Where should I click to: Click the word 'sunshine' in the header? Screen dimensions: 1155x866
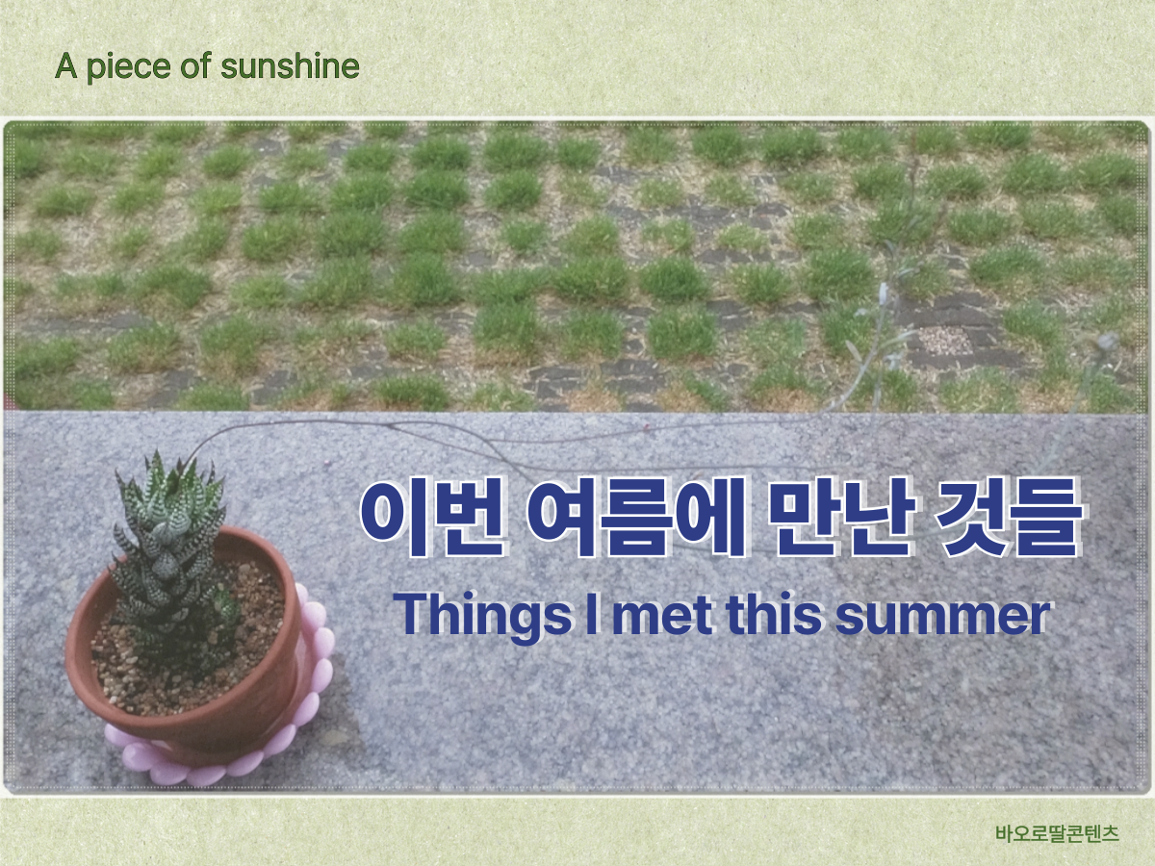(x=290, y=66)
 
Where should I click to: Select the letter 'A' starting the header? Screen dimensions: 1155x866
(x=65, y=66)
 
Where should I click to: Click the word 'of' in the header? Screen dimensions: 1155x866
(x=195, y=65)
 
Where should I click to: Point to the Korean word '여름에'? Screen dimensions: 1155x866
(x=636, y=517)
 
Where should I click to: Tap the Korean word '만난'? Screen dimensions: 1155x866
(x=841, y=517)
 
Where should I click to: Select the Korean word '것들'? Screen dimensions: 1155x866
(x=1008, y=517)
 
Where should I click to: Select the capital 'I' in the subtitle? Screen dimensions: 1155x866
(x=592, y=614)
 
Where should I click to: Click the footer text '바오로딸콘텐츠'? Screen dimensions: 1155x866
(x=1057, y=833)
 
